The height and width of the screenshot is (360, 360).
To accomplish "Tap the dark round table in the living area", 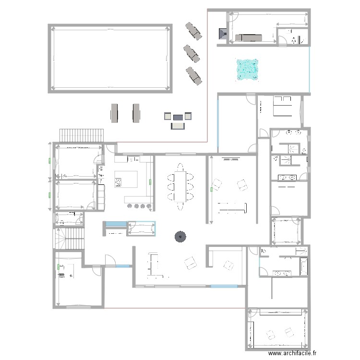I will coord(180,236).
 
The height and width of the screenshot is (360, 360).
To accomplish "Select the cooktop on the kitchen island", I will coord(118,182).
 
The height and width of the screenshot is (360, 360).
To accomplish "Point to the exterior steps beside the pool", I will coord(81,135).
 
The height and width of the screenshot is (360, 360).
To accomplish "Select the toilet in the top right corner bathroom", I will coord(294,41).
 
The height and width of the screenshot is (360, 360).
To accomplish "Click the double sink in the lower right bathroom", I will coord(282,274).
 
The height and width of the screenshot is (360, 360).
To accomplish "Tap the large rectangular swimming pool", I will coord(110,58).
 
